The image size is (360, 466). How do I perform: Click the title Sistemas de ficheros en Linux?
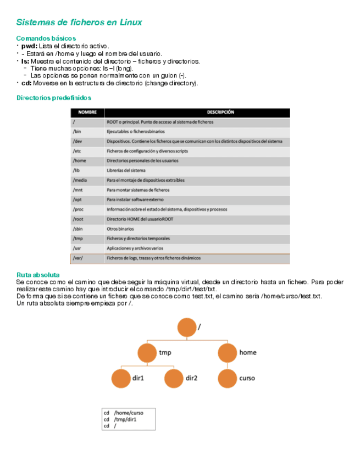pos(79,23)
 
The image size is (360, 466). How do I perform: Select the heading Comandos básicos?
pos(46,38)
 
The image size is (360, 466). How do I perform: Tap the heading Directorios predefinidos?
pos(53,98)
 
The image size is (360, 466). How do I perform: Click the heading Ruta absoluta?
pos(38,275)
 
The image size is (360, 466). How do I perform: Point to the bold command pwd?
pos(29,46)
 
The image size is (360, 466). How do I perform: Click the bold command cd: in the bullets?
pos(26,84)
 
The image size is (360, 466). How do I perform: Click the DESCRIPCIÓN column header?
pos(224,112)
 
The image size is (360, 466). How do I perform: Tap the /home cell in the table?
pos(79,160)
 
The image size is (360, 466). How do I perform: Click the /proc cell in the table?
pos(79,209)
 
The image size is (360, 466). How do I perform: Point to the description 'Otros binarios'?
pos(120,229)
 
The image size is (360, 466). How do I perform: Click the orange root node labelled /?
pos(187,328)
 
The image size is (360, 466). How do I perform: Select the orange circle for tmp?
pos(147,353)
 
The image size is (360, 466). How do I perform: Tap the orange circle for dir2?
pos(174,378)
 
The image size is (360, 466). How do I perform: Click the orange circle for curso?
pos(228,378)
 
